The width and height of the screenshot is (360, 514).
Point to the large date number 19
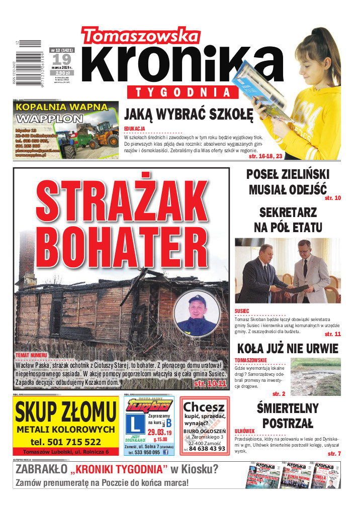[x=60, y=60]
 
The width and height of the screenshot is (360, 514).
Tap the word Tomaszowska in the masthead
[x=141, y=36]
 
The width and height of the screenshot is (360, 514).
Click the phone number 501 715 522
[x=65, y=442]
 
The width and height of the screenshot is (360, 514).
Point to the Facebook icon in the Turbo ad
[x=166, y=452]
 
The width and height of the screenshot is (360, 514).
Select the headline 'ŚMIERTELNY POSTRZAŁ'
[x=287, y=415]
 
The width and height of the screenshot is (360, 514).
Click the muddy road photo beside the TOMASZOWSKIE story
[x=315, y=377]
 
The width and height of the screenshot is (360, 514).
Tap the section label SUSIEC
[x=242, y=312]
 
